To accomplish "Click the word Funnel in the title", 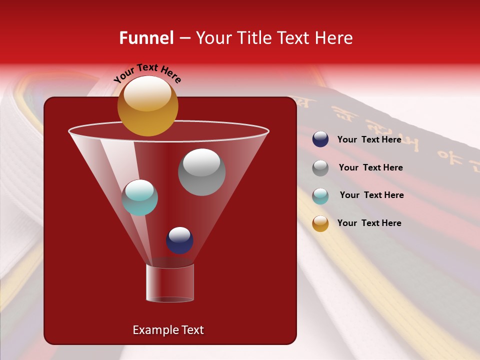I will coord(146,38).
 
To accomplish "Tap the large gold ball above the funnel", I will coord(147,106).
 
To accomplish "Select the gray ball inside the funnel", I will coord(201,172).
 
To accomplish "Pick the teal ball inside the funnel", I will coord(139,197).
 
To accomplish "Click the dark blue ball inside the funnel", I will coord(179,240).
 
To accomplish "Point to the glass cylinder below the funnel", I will coord(169,283).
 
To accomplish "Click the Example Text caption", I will coord(168,330).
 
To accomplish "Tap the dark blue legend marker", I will coord(320,139).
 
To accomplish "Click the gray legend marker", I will coord(320,168).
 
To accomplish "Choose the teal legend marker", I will coord(320,196).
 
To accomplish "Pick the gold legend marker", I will coord(320,223).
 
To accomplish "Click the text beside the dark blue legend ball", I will coord(369,139).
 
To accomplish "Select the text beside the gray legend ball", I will coord(370,167).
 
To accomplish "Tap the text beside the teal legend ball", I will coord(371,195).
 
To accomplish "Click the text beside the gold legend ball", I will coord(369,223).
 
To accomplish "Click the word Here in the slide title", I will coord(334,38).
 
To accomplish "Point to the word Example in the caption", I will coord(153,330).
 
